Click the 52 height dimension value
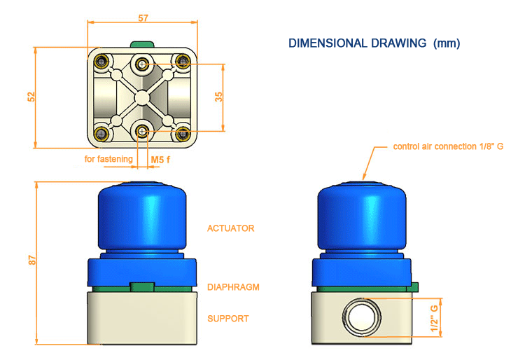click(31, 97)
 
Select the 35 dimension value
click(218, 97)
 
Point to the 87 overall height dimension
click(31, 258)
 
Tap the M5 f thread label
click(161, 160)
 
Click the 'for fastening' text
click(108, 160)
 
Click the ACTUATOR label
click(230, 228)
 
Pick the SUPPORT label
click(228, 319)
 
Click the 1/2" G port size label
click(435, 317)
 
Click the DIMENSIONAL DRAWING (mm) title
click(374, 43)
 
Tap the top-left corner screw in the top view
click(104, 61)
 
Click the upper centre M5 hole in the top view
click(143, 64)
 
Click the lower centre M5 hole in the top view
click(143, 130)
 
